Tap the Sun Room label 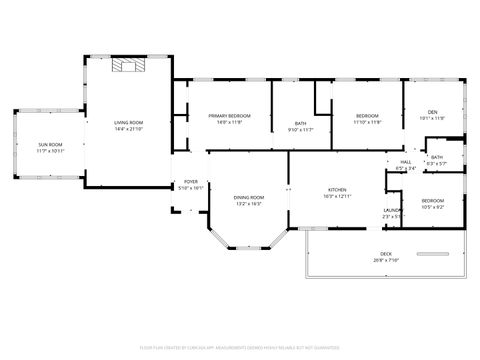(50, 145)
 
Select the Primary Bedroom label (229, 116)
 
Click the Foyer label (190, 182)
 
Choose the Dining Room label (248, 197)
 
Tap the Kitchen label (337, 190)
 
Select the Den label (432, 111)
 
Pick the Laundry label (393, 210)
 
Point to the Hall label (406, 162)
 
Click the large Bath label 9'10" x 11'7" (301, 124)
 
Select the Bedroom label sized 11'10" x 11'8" (367, 116)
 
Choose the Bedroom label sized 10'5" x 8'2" (432, 200)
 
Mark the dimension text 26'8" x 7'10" (385, 260)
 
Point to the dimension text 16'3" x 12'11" (337, 197)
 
